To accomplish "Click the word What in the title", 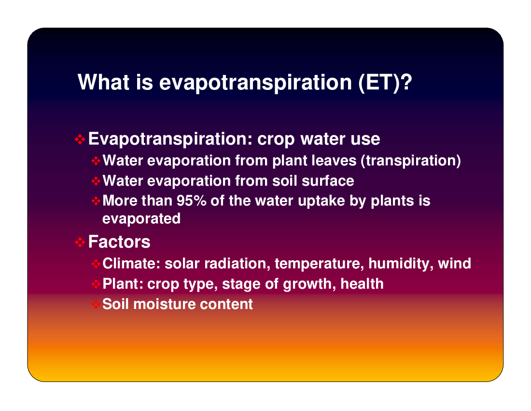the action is click(104, 82).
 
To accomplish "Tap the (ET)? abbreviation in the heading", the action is click(385, 83).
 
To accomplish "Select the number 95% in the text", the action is click(191, 200).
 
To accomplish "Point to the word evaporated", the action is click(141, 219).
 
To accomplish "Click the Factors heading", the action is click(119, 242).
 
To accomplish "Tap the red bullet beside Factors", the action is click(80, 242).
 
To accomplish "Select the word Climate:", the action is click(131, 264).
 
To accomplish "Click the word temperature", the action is click(320, 264).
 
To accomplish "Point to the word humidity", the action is click(401, 264).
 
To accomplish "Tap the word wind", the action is click(454, 264).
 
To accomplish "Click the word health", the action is click(362, 284).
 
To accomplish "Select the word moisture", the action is click(165, 304).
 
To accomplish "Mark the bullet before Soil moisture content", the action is click(96, 304).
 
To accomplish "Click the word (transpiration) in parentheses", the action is click(411, 161).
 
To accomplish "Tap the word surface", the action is click(328, 181).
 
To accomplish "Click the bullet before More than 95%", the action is click(96, 201).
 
